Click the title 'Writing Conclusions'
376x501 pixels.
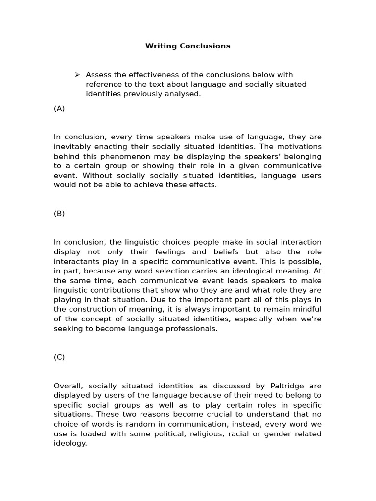coord(188,46)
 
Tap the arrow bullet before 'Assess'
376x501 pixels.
coord(77,75)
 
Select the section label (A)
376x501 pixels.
coord(59,108)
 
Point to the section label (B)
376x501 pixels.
coord(59,213)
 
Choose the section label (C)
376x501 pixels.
coord(59,357)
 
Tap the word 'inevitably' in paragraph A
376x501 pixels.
coord(71,147)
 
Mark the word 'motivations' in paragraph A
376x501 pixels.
coord(301,147)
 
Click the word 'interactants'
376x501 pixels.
coord(75,261)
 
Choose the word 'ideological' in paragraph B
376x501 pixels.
coord(255,271)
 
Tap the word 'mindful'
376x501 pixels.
coord(306,309)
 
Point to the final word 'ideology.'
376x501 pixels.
coord(70,443)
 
